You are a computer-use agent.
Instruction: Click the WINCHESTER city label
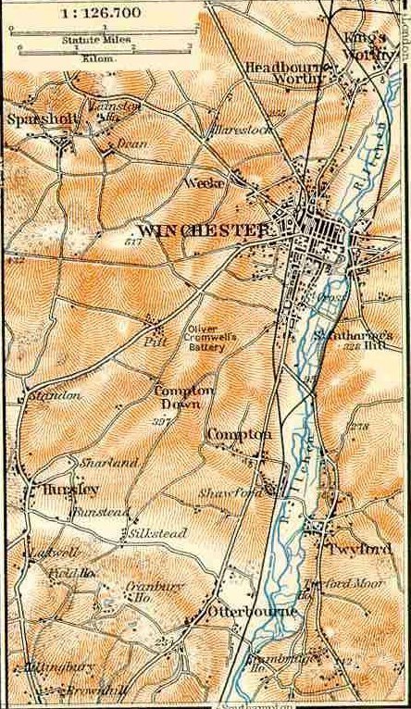click(203, 229)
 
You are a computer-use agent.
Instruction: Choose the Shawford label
click(235, 493)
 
